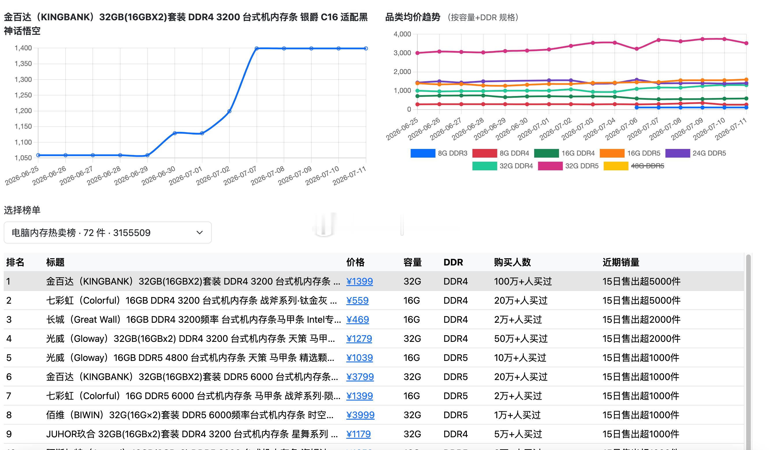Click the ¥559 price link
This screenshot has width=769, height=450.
click(357, 300)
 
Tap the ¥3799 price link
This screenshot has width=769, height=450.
click(360, 377)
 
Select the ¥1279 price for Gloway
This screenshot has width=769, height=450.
click(359, 339)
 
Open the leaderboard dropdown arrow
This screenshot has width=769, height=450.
click(200, 233)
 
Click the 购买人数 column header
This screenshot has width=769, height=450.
click(512, 262)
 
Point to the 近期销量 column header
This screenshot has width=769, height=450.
click(621, 262)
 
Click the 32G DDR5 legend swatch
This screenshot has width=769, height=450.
click(550, 166)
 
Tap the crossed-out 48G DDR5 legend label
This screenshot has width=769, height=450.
click(648, 166)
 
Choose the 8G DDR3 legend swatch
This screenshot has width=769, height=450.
click(423, 153)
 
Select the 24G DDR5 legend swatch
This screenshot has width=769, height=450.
click(678, 153)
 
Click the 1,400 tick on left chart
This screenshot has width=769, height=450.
click(23, 48)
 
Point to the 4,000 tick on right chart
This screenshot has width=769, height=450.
click(402, 34)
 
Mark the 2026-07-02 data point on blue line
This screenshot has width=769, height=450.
click(229, 111)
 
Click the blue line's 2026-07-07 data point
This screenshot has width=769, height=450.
click(257, 48)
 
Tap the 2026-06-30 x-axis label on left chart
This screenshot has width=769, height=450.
click(159, 176)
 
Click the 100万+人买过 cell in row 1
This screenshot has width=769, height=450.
click(523, 281)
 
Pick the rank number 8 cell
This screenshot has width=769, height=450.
click(9, 415)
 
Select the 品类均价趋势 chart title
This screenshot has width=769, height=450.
click(413, 17)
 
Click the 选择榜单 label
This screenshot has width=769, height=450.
click(22, 210)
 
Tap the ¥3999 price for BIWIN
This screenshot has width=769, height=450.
click(360, 415)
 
